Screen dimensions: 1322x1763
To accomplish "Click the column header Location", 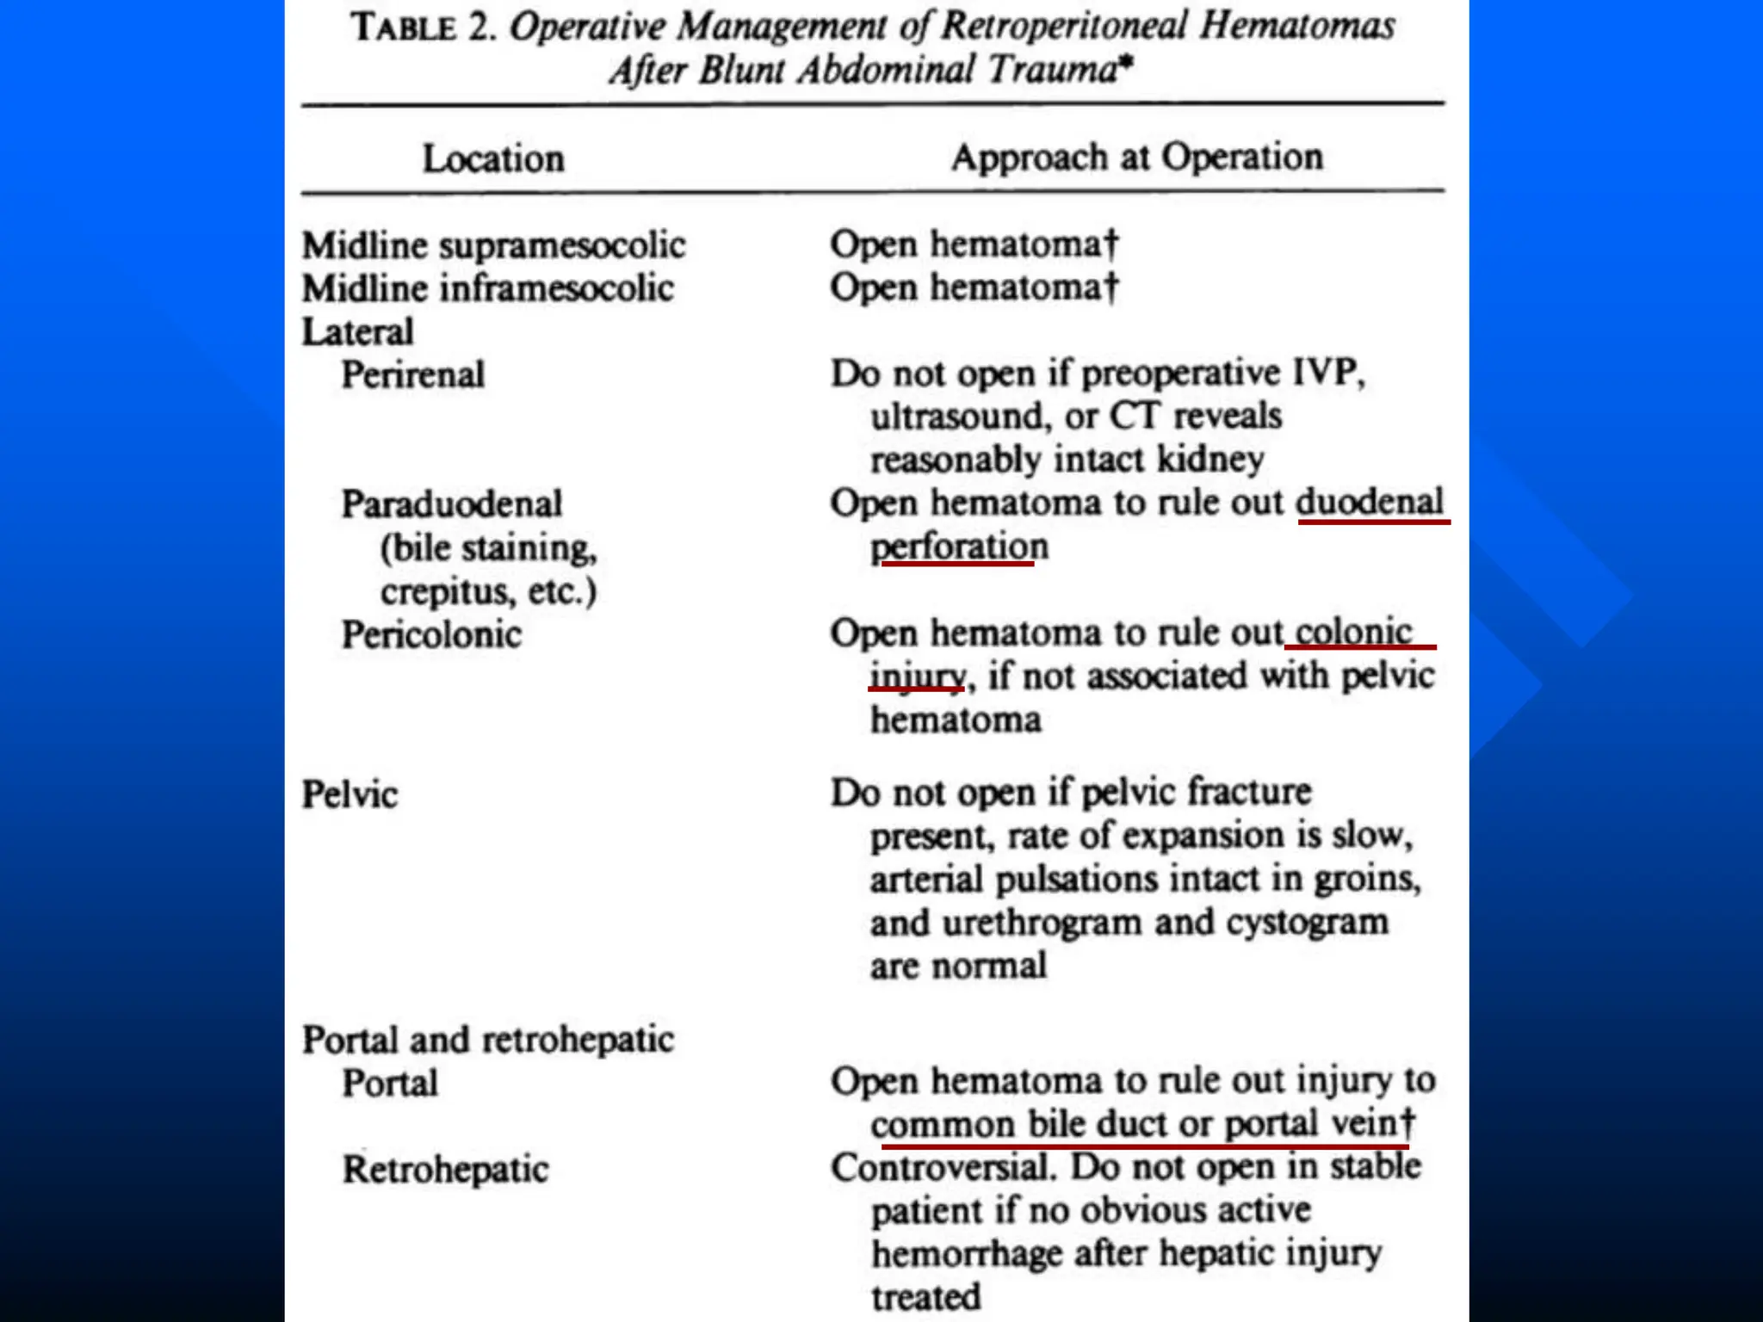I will pyautogui.click(x=493, y=159).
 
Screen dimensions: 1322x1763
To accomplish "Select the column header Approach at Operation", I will pyautogui.click(x=1136, y=158).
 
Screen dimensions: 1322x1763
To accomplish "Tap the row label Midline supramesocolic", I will pyautogui.click(x=493, y=246).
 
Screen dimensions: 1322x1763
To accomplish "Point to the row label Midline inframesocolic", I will pyautogui.click(x=487, y=289).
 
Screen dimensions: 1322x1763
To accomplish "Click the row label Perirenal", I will pyautogui.click(x=413, y=375).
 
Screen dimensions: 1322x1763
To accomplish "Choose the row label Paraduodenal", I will pyautogui.click(x=452, y=504).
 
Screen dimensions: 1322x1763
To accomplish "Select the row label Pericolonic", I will pyautogui.click(x=431, y=635).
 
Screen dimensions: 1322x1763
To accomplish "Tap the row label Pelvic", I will pyautogui.click(x=350, y=794).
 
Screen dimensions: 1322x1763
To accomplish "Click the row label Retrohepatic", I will pyautogui.click(x=445, y=1170).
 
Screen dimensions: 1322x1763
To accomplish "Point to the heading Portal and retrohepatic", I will pyautogui.click(x=487, y=1040).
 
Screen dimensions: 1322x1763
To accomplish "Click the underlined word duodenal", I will pyautogui.click(x=1369, y=502).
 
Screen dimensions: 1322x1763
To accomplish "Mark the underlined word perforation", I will pyautogui.click(x=959, y=547).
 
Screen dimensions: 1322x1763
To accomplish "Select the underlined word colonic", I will pyautogui.click(x=1353, y=633).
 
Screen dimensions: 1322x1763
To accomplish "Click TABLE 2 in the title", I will pyautogui.click(x=423, y=27).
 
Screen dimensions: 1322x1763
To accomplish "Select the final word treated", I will pyautogui.click(x=925, y=1297).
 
